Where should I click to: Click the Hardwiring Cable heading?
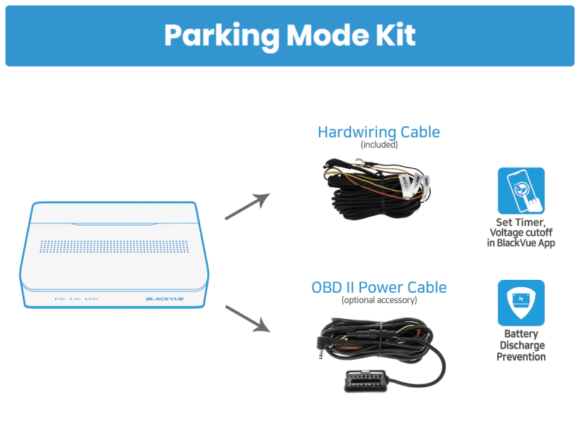tap(378, 132)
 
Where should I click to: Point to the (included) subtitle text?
tap(378, 144)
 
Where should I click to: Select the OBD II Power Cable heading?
tap(378, 287)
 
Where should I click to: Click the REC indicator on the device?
tap(60, 298)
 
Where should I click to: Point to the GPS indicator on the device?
tap(76, 298)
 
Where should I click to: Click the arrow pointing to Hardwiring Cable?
tap(246, 206)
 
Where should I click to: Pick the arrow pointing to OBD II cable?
tap(246, 318)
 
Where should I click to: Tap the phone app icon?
tap(521, 190)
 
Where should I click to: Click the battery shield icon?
tap(521, 302)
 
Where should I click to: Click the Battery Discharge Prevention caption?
tap(521, 345)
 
